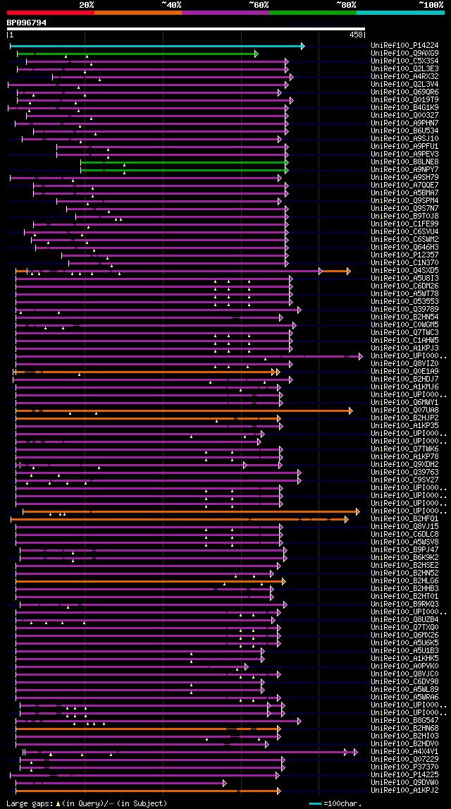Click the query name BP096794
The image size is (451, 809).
click(27, 23)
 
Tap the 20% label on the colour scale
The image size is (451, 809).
click(87, 4)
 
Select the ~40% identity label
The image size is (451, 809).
click(171, 4)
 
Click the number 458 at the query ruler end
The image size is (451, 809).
click(357, 34)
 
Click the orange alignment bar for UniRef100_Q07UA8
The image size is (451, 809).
click(183, 410)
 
